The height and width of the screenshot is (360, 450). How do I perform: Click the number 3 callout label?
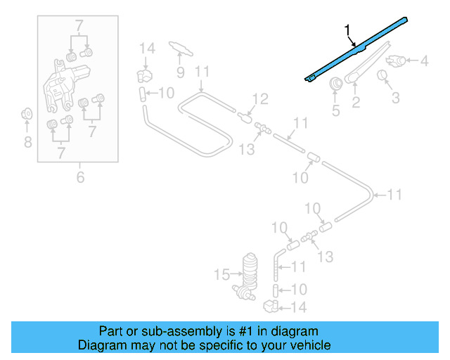396,97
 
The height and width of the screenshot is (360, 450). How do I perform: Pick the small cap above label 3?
384,75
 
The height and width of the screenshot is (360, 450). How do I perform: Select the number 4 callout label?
424,62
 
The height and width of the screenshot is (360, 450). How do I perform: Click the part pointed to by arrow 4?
397,62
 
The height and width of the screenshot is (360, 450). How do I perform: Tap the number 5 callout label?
335,110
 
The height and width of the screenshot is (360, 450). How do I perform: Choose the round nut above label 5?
336,84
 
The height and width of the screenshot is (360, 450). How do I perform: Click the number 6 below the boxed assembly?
80,177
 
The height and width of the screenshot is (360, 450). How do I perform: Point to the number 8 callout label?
27,143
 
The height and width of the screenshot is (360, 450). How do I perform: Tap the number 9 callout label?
180,72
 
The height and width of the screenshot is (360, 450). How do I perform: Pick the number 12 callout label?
260,99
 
